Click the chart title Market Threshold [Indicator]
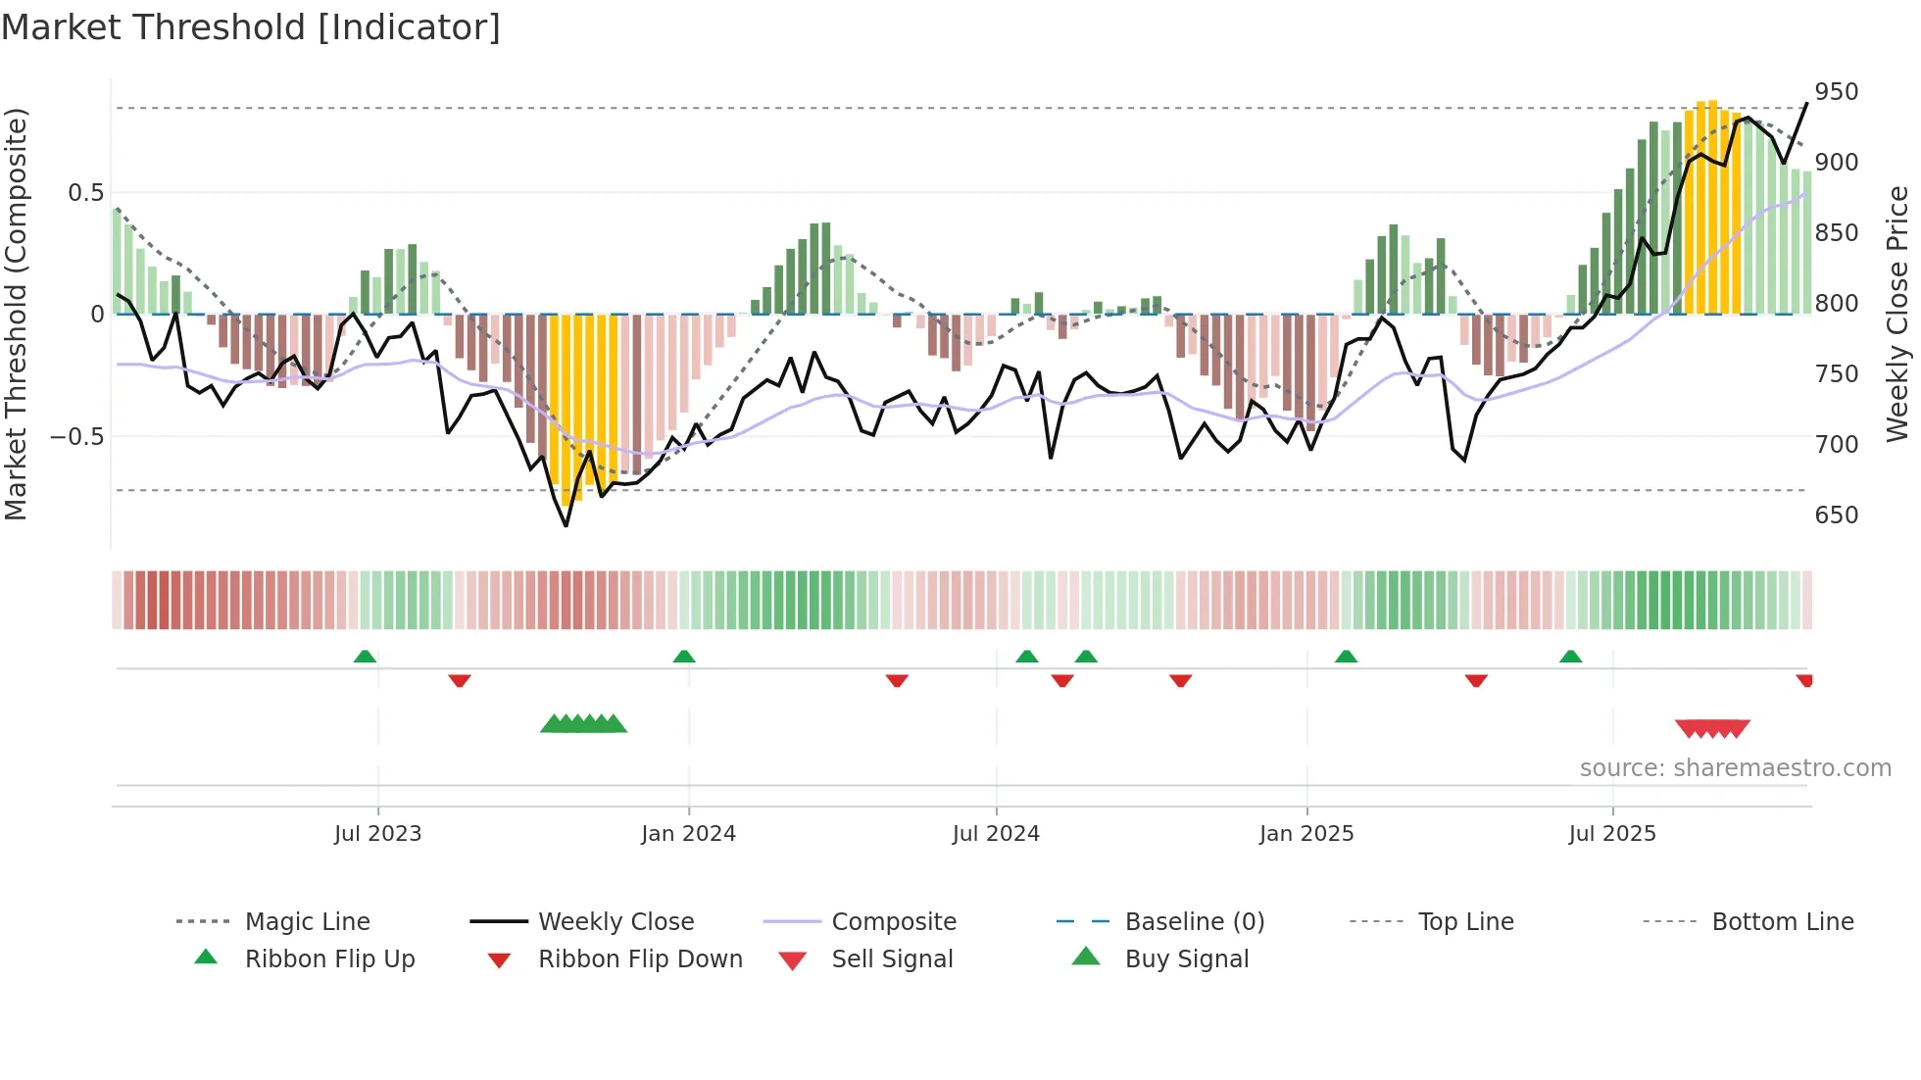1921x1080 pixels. point(251,27)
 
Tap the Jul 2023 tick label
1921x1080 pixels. point(377,834)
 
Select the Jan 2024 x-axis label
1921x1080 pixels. point(688,834)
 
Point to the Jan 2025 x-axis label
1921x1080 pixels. point(1306,834)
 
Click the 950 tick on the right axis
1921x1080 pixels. point(1836,92)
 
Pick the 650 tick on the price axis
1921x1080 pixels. point(1836,515)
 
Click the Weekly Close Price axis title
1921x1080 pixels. point(1898,314)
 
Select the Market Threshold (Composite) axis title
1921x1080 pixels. point(17,314)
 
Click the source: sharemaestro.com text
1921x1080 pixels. point(1735,768)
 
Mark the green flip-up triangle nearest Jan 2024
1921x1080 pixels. point(684,657)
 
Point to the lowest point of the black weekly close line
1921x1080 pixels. point(566,525)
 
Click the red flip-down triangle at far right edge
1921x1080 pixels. point(1804,680)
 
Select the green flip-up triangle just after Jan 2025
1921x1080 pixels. point(1346,657)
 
